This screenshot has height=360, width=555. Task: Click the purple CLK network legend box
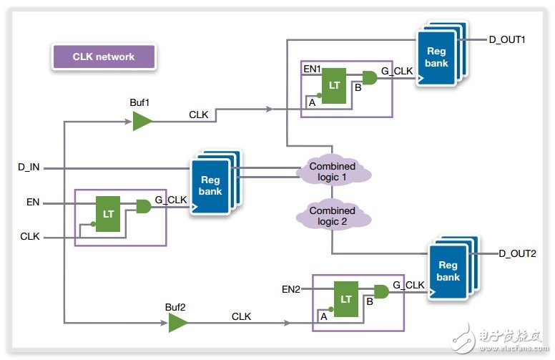click(x=103, y=57)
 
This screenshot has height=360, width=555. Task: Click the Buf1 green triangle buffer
click(x=142, y=121)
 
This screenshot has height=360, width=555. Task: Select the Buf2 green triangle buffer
click(x=177, y=323)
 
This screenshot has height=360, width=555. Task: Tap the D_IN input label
click(x=30, y=167)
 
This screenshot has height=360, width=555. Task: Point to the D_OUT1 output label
click(x=508, y=39)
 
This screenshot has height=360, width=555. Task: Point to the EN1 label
click(x=313, y=69)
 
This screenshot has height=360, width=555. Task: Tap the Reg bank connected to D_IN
click(x=210, y=185)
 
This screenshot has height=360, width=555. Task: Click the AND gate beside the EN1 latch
click(x=370, y=77)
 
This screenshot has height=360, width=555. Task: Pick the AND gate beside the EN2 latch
click(x=382, y=291)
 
